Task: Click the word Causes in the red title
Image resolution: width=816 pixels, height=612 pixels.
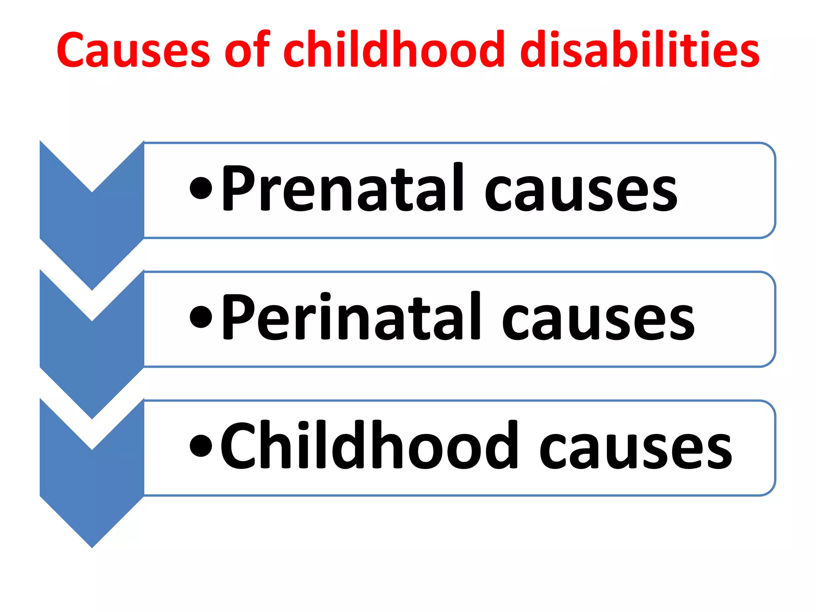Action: tap(133, 50)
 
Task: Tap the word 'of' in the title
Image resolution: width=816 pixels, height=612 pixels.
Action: tap(247, 50)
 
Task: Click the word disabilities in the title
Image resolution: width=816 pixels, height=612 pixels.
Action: tap(639, 50)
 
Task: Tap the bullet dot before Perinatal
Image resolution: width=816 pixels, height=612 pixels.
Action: tap(201, 317)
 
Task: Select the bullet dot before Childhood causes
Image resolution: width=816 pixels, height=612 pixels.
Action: tap(201, 445)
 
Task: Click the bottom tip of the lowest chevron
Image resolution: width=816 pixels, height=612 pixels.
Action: tap(92, 545)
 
